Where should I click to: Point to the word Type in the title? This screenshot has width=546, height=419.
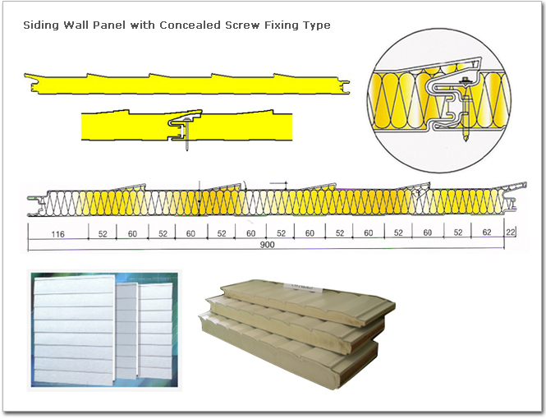coord(317,25)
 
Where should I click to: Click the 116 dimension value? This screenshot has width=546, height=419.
coord(57,234)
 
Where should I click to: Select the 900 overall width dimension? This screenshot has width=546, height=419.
coord(267,245)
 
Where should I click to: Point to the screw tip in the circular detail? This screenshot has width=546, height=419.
coord(467,137)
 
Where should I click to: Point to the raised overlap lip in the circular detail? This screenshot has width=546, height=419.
coord(443,67)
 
